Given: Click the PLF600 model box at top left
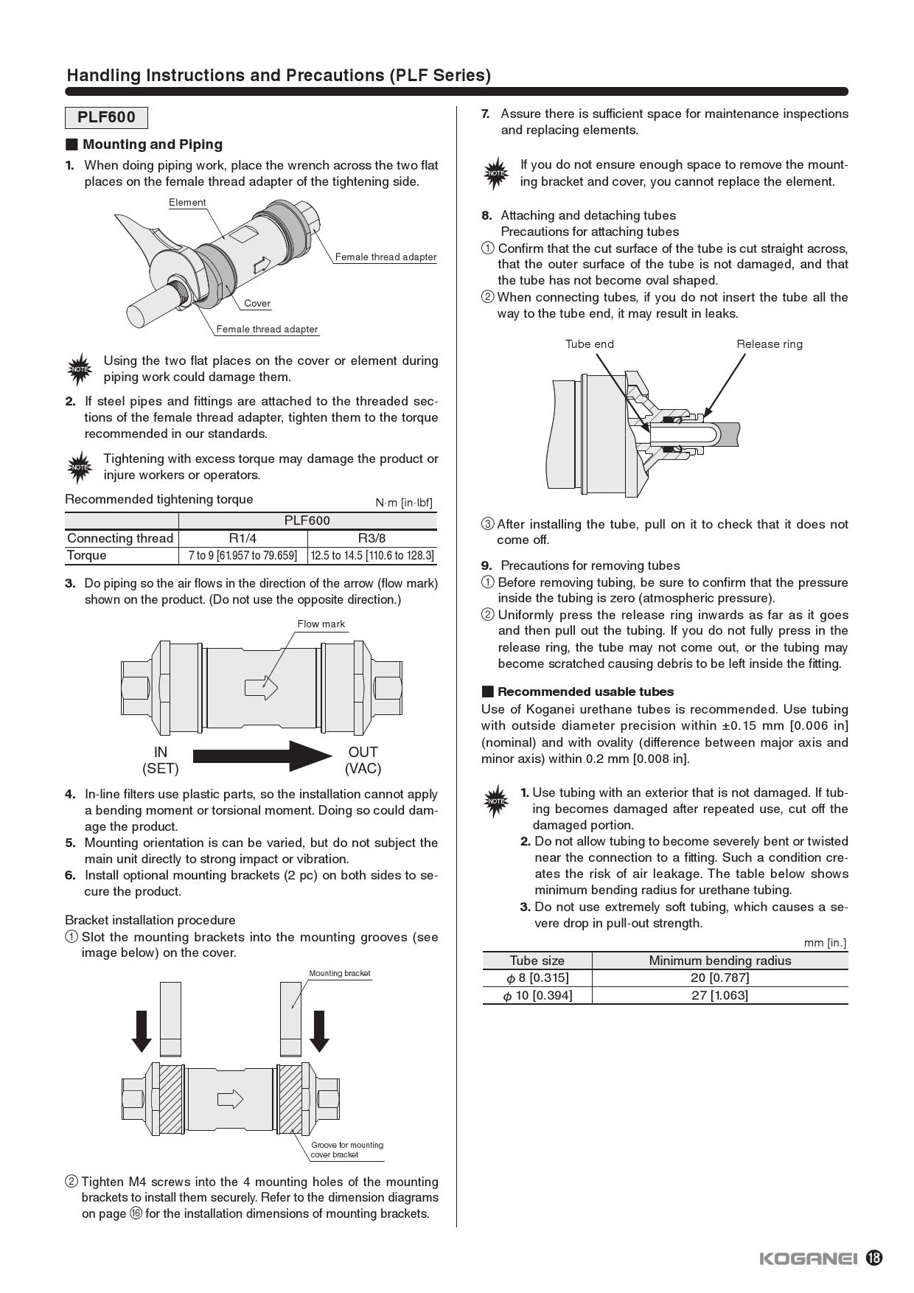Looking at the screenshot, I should coord(106,118).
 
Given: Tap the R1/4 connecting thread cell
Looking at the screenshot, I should coord(243,538).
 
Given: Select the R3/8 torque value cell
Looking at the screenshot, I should coord(372,555).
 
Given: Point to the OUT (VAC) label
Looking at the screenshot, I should coord(363,760).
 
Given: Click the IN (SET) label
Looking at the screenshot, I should coord(160,760).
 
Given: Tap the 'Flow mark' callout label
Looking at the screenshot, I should coord(321,624).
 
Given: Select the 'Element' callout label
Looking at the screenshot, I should coord(187,202).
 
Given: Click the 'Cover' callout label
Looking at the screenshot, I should coord(257,303).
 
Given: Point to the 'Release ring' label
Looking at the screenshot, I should coord(769,344).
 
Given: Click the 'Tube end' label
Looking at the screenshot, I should coord(589,344).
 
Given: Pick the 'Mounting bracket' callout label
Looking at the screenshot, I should coord(339,973).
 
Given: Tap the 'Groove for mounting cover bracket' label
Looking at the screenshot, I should coord(346,1149).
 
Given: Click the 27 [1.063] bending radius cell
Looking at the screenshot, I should coord(719,995).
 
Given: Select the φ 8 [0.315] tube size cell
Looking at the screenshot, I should coord(537,977).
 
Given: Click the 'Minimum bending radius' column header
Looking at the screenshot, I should coord(719,960).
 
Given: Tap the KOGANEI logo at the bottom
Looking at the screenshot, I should coord(808,1258).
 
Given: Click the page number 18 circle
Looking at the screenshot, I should coord(873,1258).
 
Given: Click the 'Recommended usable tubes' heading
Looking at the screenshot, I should coord(585,691).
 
